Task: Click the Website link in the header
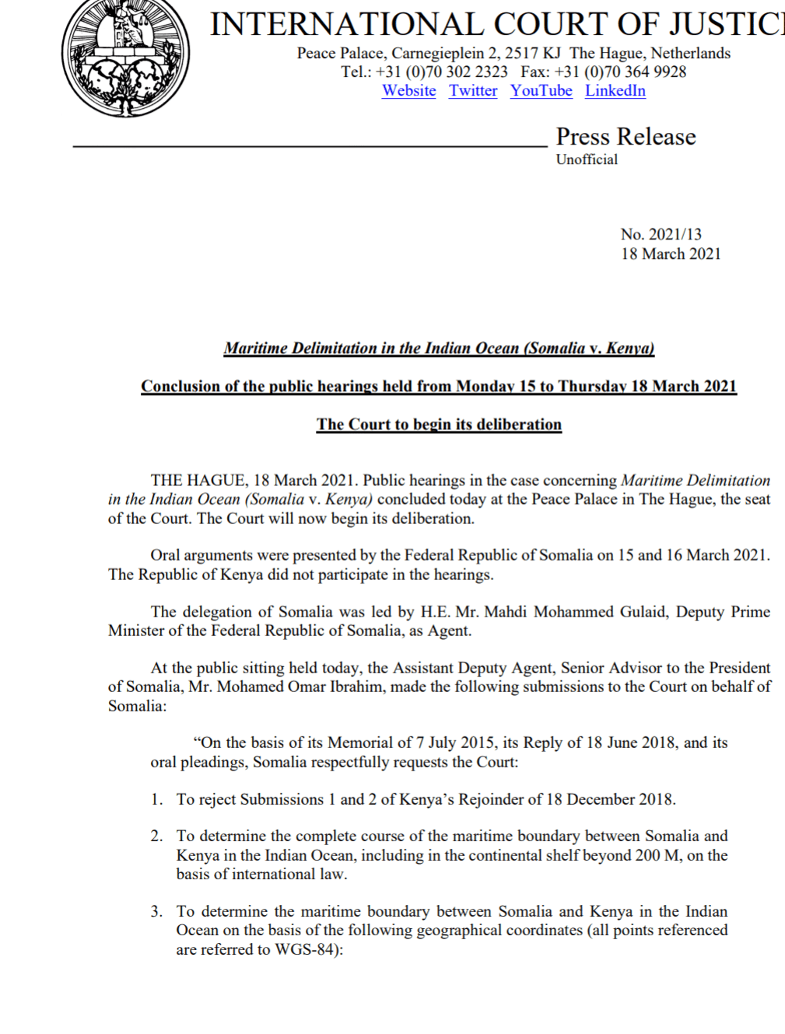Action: pyautogui.click(x=408, y=91)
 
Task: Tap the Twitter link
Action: pyautogui.click(x=473, y=91)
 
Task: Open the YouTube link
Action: pyautogui.click(x=541, y=91)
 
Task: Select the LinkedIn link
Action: pyautogui.click(x=615, y=91)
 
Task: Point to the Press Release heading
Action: pyautogui.click(x=626, y=137)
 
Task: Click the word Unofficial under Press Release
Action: pyautogui.click(x=587, y=159)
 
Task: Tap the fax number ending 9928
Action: pyautogui.click(x=620, y=72)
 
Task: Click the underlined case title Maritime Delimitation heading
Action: pyautogui.click(x=439, y=348)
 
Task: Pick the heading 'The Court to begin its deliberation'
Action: pyautogui.click(x=439, y=424)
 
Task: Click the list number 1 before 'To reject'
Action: pyautogui.click(x=156, y=799)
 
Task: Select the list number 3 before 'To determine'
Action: pyautogui.click(x=156, y=911)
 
